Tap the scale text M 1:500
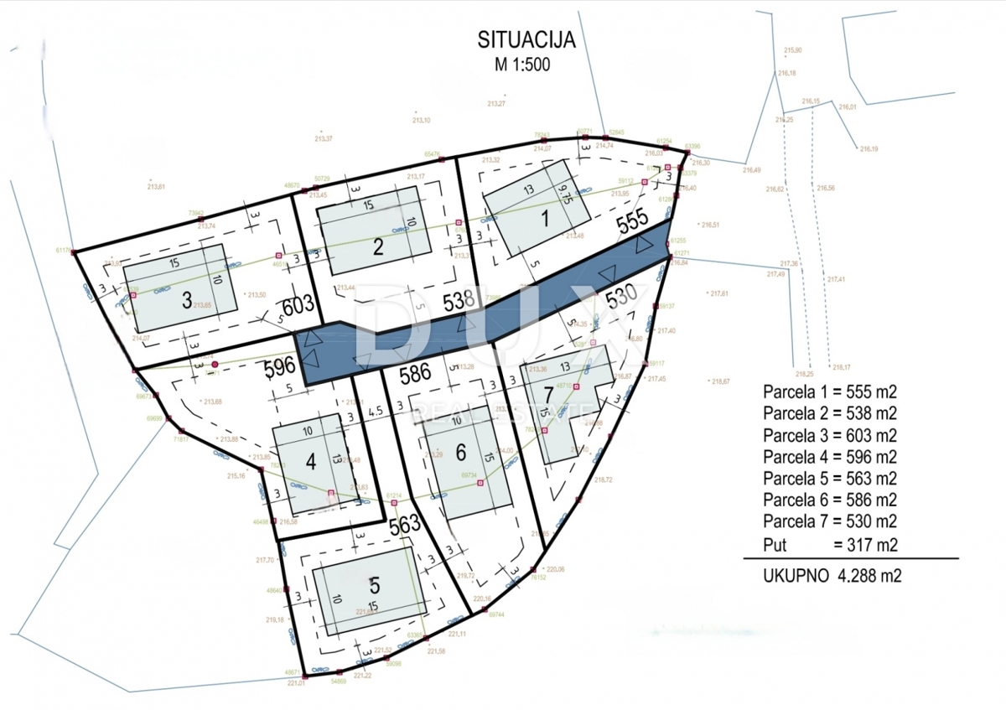pyautogui.click(x=521, y=64)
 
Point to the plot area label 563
pyautogui.click(x=404, y=524)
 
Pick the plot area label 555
pyautogui.click(x=631, y=221)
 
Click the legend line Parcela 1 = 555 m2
pyautogui.click(x=829, y=391)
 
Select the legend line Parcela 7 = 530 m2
pyautogui.click(x=829, y=522)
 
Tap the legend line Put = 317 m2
pyautogui.click(x=829, y=544)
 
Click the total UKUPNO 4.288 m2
pyautogui.click(x=832, y=576)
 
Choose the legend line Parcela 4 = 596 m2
pyautogui.click(x=829, y=457)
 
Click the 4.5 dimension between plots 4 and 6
pyautogui.click(x=375, y=412)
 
